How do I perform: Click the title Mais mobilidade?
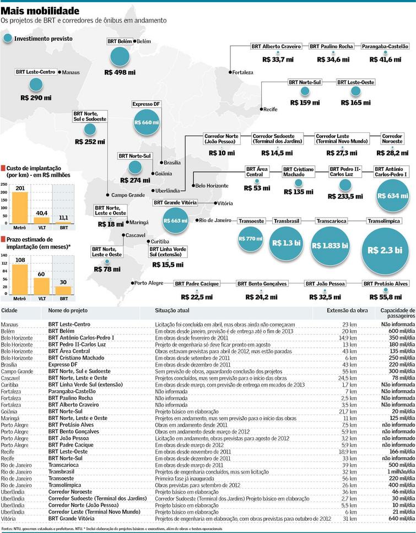[40, 11]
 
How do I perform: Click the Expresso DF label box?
[146, 104]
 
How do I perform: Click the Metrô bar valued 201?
[20, 207]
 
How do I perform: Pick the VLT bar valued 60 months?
[42, 287]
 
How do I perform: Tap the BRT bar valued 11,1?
[64, 222]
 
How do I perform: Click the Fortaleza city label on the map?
[243, 72]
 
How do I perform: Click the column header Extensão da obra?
[345, 311]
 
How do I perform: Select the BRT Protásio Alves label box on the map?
[386, 283]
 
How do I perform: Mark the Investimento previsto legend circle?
[7, 39]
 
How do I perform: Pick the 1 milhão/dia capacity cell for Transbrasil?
[393, 472]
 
